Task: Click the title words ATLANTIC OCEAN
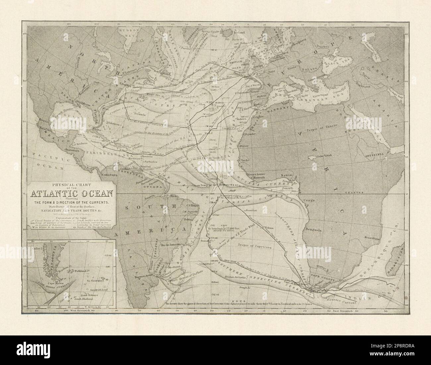tap(71, 194)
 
